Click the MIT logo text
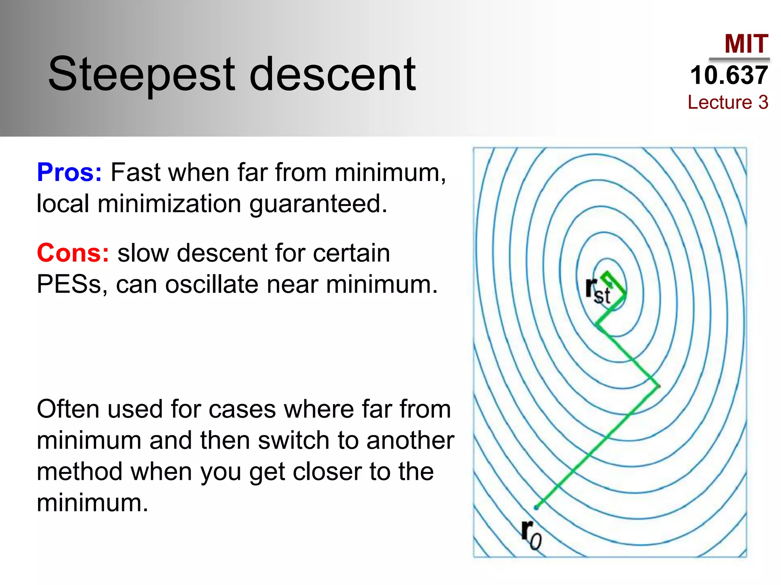click(x=746, y=44)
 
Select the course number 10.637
click(x=729, y=75)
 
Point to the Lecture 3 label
click(x=728, y=102)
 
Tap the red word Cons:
click(x=73, y=253)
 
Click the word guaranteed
click(x=318, y=204)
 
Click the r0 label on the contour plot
click(x=531, y=535)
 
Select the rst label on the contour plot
click(x=598, y=291)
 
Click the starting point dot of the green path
click(x=536, y=507)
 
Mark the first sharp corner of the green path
click(x=658, y=386)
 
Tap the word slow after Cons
click(x=143, y=253)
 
